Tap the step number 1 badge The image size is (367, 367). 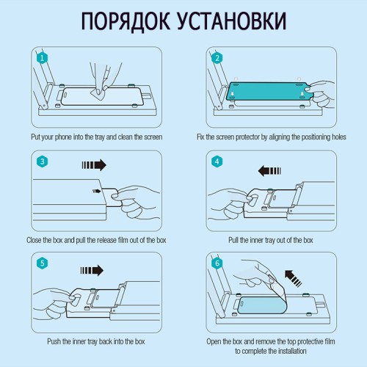(x=42, y=57)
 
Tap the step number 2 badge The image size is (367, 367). (x=216, y=57)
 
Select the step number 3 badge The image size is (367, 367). (x=42, y=161)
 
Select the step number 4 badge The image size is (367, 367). (x=216, y=161)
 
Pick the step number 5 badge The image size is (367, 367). (x=42, y=263)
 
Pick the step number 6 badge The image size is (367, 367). (x=216, y=263)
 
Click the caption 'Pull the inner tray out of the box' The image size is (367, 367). (x=270, y=240)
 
